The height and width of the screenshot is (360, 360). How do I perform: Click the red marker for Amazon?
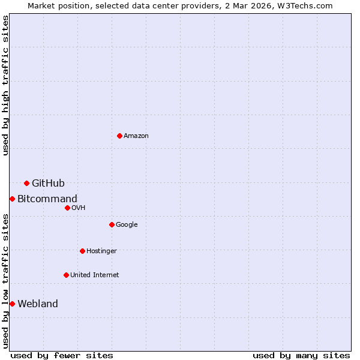[120, 136]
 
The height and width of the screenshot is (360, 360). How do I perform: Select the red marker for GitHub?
[26, 183]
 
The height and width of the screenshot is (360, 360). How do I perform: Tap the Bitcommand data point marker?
[12, 199]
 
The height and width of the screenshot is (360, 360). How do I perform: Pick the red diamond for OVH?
[67, 208]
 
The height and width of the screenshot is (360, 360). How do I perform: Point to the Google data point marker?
[112, 224]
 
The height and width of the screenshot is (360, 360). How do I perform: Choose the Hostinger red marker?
[82, 251]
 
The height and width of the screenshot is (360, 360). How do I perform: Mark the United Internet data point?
[66, 275]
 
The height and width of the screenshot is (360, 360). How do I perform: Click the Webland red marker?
[12, 304]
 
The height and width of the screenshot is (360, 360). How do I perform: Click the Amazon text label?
[136, 136]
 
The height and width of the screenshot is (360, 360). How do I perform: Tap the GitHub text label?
[48, 183]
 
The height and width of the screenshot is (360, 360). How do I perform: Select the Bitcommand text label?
[47, 199]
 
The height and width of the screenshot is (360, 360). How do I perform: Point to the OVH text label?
[79, 208]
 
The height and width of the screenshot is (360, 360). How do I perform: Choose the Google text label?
[127, 224]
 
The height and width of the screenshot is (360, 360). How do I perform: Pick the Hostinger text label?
[101, 251]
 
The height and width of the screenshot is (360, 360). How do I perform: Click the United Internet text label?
[94, 275]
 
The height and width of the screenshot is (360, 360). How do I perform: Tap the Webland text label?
[38, 304]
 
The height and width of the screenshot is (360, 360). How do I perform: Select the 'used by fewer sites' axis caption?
[62, 355]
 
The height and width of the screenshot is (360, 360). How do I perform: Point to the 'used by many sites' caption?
[301, 355]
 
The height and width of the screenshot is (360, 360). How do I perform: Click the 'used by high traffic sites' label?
[5, 85]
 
